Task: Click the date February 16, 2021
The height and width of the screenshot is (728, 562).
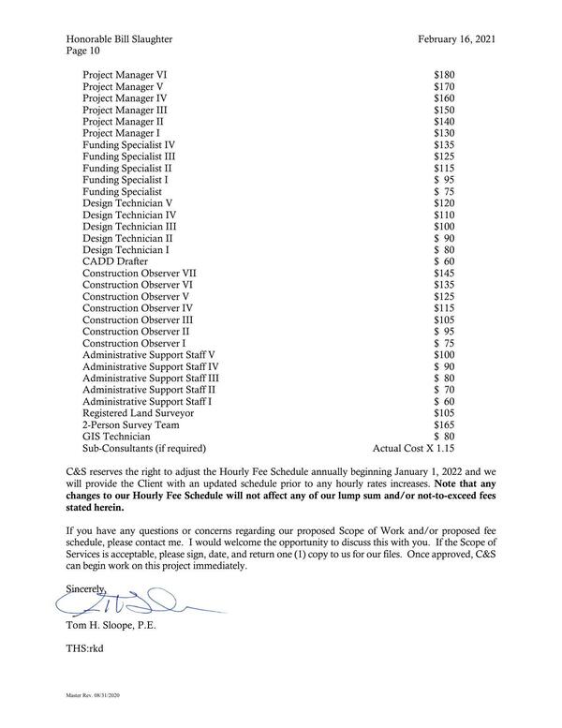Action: coord(456,38)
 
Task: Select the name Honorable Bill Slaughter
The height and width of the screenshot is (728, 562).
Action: coord(120,38)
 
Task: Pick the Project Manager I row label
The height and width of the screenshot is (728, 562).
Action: coord(121,133)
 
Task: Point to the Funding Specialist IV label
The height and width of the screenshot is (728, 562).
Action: coord(128,145)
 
